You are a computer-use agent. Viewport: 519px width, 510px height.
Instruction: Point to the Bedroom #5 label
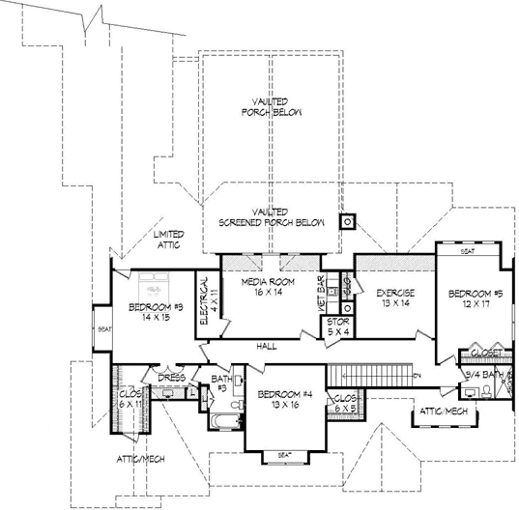pos(469,298)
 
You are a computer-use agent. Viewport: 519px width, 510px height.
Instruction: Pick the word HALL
pos(268,345)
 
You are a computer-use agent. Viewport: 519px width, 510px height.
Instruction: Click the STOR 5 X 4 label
pos(337,325)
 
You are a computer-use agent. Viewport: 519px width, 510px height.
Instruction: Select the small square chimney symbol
pos(346,221)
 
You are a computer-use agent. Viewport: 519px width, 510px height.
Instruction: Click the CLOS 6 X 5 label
pos(343,402)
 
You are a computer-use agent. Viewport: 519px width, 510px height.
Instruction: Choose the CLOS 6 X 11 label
pos(130,399)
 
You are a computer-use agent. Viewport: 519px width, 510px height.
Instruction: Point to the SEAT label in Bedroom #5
pos(468,251)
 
